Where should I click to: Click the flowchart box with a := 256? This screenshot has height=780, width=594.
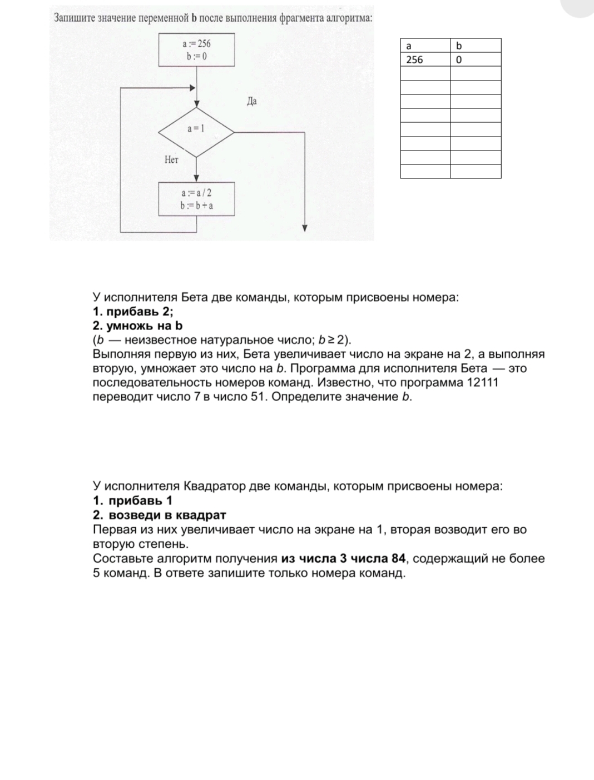point(196,49)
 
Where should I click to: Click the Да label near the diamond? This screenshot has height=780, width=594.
point(251,102)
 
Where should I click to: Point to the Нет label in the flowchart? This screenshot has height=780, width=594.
point(171,160)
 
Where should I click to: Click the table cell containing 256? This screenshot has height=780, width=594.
point(425,59)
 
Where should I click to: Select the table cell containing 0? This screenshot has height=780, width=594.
point(476,59)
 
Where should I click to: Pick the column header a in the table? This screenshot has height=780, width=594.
point(425,46)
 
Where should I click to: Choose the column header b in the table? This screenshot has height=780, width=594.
point(476,46)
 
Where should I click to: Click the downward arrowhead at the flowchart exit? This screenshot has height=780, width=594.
point(305,228)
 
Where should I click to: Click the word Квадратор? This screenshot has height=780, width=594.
point(214,486)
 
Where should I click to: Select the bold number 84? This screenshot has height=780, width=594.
point(398,558)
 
